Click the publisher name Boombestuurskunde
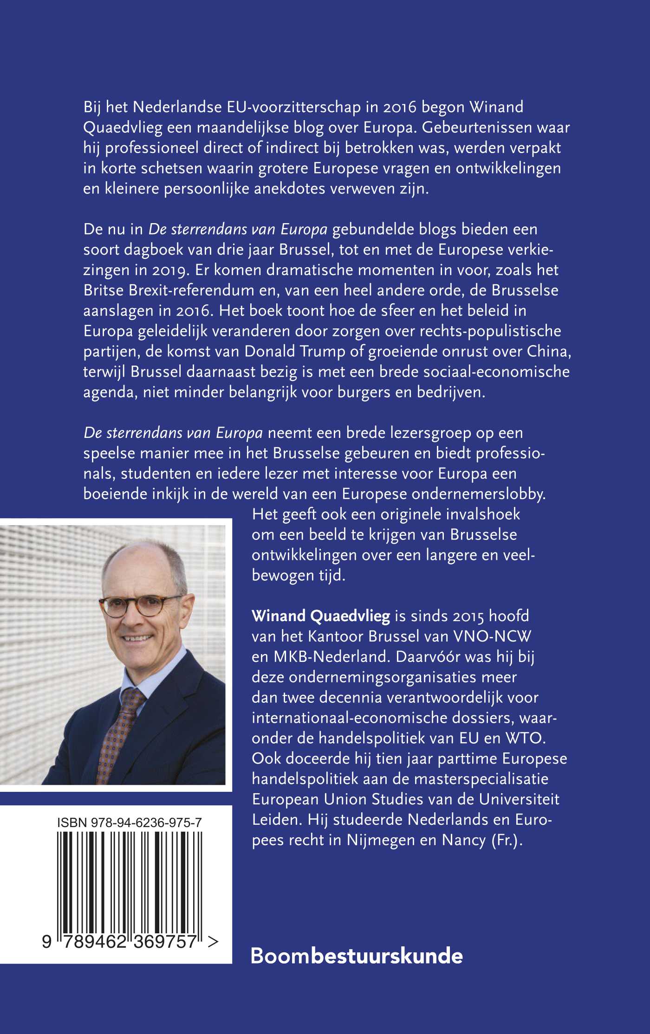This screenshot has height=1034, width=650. [357, 957]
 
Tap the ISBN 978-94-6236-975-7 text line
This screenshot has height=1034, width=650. [130, 823]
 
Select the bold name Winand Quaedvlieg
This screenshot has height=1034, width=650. [321, 616]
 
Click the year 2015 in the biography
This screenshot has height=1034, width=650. [468, 616]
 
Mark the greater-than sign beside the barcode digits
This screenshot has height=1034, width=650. [213, 941]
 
